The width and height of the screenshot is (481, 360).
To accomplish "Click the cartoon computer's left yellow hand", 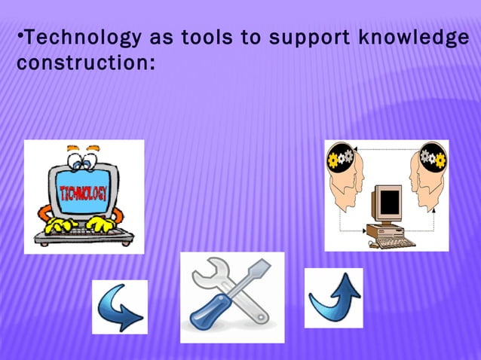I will (58, 224).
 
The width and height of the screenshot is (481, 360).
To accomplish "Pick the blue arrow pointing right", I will (120, 307).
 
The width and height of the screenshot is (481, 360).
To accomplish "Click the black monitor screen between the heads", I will (390, 201).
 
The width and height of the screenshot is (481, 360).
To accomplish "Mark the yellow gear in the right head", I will (440, 160).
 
